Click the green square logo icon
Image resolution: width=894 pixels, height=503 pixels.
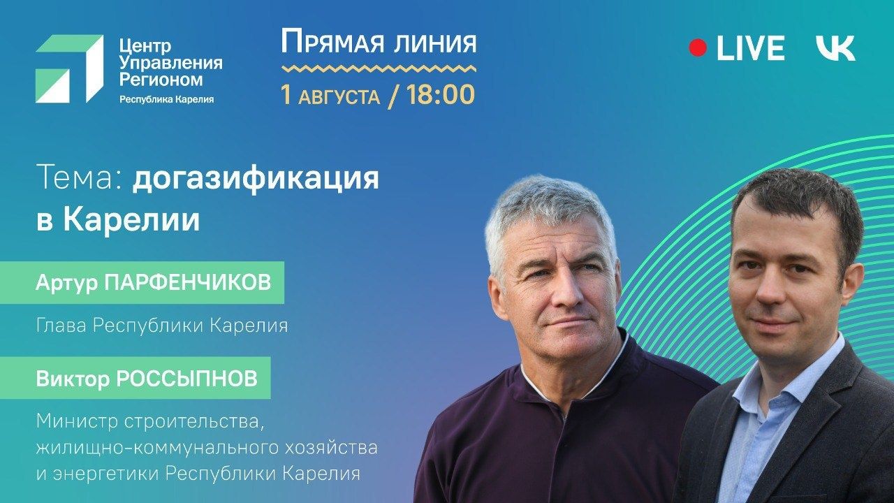69,69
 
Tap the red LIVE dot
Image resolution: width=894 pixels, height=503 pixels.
698,48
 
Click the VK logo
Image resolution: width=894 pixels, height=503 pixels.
835,48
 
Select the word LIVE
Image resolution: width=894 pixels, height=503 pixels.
750,48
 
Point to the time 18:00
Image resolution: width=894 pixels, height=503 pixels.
441,94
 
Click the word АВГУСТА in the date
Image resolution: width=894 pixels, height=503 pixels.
339,97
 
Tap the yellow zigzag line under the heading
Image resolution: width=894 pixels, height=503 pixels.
379,68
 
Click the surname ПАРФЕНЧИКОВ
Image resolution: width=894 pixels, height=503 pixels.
188,283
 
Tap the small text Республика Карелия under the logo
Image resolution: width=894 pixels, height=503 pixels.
166,99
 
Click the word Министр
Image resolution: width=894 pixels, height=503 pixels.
77,423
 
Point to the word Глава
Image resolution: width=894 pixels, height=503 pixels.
61,326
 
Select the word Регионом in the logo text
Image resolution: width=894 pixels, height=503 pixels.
161,80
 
